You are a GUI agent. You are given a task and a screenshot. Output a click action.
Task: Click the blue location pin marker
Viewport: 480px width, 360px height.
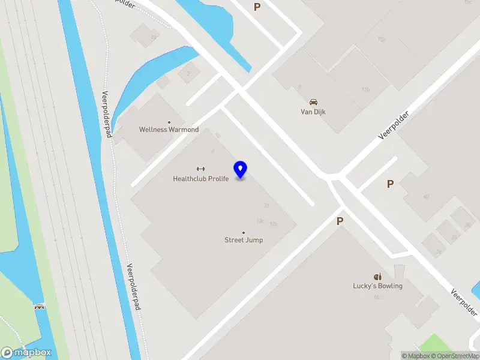point(241,169)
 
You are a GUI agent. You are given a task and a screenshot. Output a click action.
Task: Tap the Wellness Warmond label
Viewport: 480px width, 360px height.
point(169,130)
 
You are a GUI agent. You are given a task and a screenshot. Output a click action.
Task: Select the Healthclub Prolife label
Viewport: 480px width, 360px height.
point(200,178)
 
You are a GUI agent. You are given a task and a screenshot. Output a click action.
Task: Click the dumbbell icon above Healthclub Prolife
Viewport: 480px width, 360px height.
point(200,169)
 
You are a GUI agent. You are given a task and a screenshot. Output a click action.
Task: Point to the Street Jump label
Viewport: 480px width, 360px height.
point(244,240)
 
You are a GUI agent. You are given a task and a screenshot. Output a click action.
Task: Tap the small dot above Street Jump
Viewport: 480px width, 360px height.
point(244,232)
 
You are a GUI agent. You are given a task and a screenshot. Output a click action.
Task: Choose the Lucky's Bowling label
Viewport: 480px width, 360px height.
point(377,286)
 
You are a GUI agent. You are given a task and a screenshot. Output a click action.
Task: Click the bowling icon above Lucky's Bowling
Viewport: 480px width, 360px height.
point(377,277)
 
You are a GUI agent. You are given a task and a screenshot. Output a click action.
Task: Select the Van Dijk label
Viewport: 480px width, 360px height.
point(313,112)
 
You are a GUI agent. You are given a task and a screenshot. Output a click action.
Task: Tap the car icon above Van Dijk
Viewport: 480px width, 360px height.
point(313,101)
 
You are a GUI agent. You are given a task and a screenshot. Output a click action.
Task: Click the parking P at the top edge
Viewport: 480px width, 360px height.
point(257,7)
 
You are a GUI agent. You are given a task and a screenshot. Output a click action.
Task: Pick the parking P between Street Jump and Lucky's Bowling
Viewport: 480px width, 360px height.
point(340,221)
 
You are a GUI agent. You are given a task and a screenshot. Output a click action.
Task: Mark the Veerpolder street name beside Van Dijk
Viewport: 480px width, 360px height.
point(394,126)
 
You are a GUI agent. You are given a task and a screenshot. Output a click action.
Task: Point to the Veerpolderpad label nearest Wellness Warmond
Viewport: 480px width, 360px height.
point(108,114)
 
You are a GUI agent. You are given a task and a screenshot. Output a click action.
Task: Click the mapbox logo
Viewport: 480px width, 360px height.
point(26,353)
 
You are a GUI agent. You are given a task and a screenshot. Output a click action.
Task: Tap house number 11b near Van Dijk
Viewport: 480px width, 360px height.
point(365,89)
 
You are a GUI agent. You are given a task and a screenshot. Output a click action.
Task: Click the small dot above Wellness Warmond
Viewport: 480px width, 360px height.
point(169,122)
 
